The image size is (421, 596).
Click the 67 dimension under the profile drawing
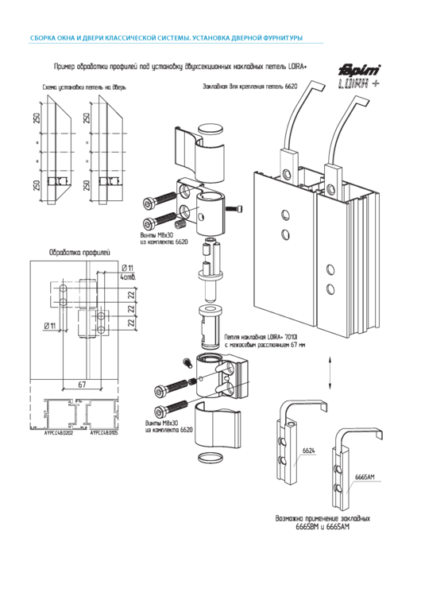[82, 385]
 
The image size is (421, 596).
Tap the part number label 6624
[309, 451]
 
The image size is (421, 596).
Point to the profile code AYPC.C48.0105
[104, 434]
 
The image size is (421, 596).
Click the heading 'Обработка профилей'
[79, 253]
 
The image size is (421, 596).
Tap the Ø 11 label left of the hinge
[48, 326]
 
